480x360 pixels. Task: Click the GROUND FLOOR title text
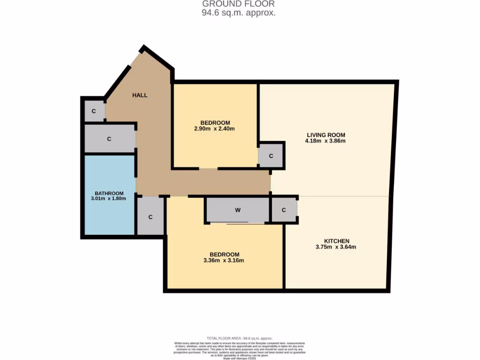point(239,4)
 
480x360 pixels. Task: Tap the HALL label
point(140,95)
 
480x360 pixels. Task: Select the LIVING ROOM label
point(325,135)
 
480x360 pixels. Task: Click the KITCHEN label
point(336,241)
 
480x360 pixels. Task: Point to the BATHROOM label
point(109,193)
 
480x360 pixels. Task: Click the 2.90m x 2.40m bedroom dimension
point(214,129)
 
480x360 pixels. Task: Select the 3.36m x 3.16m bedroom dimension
point(224,261)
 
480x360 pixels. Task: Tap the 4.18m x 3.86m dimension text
point(325,141)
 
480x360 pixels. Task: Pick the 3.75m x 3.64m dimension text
point(336,247)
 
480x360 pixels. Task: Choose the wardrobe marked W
point(238,210)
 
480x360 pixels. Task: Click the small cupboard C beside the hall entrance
point(94,111)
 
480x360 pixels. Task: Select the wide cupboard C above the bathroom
point(109,139)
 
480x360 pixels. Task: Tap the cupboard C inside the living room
point(271,155)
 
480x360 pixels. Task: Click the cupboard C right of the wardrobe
point(284,210)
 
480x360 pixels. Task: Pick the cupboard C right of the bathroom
point(150,217)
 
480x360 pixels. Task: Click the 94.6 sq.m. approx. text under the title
point(239,13)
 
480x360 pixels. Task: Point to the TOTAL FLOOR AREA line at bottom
point(240,338)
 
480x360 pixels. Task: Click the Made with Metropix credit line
point(240,358)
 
